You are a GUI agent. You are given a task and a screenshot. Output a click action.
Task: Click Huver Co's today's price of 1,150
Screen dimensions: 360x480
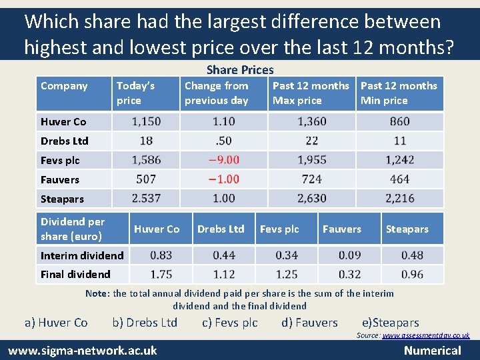coord(146,121)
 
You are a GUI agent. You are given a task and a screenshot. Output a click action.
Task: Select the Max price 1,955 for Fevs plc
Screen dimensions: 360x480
coord(312,160)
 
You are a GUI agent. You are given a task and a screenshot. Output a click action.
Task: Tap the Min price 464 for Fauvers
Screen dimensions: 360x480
coord(400,179)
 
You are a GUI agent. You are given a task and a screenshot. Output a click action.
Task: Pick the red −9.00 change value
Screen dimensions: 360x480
coord(223,160)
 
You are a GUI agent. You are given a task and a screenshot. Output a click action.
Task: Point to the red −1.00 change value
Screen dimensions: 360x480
coord(223,179)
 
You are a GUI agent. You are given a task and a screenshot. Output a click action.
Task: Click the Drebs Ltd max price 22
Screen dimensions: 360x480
coord(312,141)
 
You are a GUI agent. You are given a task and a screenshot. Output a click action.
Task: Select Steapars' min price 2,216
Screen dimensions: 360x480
coord(400,199)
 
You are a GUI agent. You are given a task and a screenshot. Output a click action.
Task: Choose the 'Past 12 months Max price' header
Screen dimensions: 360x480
coord(311,93)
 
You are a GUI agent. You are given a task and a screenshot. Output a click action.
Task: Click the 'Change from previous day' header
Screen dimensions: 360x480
coord(217,93)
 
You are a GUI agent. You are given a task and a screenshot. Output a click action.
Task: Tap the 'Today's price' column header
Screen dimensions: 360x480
coord(135,93)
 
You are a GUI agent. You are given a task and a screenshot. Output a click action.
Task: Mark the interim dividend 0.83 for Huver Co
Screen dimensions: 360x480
coord(161,255)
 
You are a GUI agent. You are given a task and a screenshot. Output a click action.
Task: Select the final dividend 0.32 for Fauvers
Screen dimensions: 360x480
coord(349,274)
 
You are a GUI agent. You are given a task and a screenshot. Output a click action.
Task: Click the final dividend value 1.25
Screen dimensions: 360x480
coord(287,274)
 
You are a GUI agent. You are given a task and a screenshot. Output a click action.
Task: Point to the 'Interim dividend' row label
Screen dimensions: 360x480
coord(82,255)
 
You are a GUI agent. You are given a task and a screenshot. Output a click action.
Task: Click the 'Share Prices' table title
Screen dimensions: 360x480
coord(240,70)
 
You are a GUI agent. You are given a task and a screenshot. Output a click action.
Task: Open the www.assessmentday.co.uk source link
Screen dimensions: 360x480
coord(426,336)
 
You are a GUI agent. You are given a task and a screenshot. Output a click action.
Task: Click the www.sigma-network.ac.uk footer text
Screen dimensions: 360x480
coord(83,350)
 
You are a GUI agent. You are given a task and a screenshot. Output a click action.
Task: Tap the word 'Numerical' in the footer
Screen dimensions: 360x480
coord(433,350)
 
